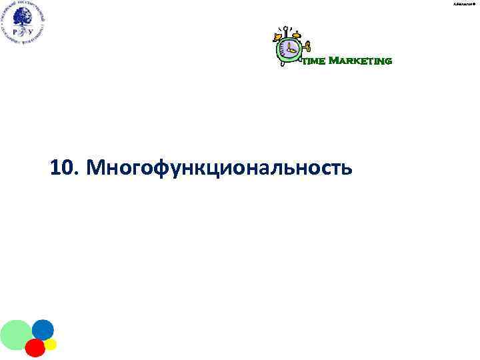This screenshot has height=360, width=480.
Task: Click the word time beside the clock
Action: point(314,62)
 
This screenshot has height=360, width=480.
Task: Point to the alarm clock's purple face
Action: point(289,48)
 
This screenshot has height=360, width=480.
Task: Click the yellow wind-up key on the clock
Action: point(307,47)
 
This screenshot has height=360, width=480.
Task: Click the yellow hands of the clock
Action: point(289,48)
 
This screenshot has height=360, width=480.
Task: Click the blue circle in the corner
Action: point(43,329)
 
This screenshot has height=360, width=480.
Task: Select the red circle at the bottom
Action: point(35,347)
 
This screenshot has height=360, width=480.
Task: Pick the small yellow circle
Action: point(50,344)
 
